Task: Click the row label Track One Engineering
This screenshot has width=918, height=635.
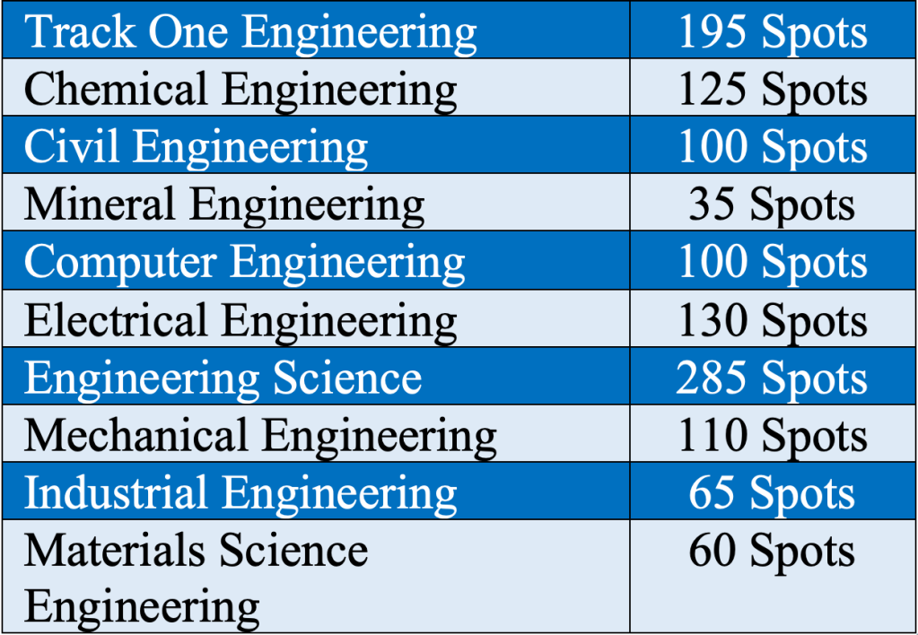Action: pyautogui.click(x=250, y=33)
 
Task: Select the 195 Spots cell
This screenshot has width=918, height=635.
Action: pyautogui.click(x=773, y=33)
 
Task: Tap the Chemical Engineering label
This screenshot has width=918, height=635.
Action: pyautogui.click(x=240, y=91)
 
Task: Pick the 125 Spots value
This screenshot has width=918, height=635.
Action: pyautogui.click(x=773, y=91)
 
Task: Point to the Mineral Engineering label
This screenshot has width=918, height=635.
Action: pyautogui.click(x=224, y=205)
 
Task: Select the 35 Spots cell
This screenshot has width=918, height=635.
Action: pyautogui.click(x=773, y=205)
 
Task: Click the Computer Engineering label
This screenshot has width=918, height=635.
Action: pyautogui.click(x=244, y=263)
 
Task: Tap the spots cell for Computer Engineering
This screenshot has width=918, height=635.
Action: pyautogui.click(x=773, y=263)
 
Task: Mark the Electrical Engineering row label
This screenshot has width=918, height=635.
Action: pyautogui.click(x=240, y=321)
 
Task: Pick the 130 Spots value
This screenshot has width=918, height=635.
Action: pyautogui.click(x=773, y=321)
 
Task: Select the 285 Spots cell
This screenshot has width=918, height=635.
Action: pyautogui.click(x=773, y=378)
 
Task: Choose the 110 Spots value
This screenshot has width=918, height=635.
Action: pyautogui.click(x=773, y=436)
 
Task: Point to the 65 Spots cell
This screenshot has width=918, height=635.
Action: pyautogui.click(x=773, y=493)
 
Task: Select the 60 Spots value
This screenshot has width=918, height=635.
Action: pyautogui.click(x=773, y=551)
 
